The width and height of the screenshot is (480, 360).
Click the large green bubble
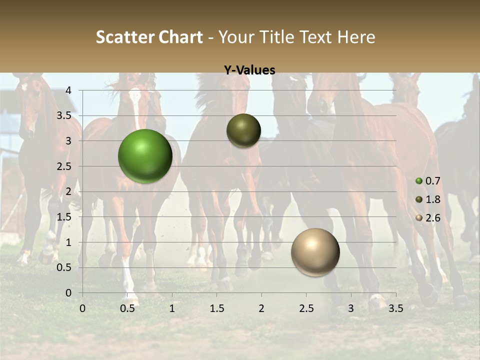[145, 156]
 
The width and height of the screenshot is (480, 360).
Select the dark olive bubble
[243, 131]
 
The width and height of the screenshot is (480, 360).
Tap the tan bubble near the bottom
[315, 252]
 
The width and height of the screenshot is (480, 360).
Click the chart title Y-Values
[249, 70]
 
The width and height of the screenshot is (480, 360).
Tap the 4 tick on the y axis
[68, 90]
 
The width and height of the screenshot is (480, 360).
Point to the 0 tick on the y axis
[68, 293]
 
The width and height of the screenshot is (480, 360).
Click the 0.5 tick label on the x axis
[127, 308]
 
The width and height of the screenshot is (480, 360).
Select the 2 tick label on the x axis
[261, 308]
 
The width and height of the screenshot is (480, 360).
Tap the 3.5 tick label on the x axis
[395, 308]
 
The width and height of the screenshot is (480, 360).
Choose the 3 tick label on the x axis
[351, 308]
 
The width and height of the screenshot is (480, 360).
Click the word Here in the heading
[356, 37]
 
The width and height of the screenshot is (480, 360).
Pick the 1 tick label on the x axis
[172, 308]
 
